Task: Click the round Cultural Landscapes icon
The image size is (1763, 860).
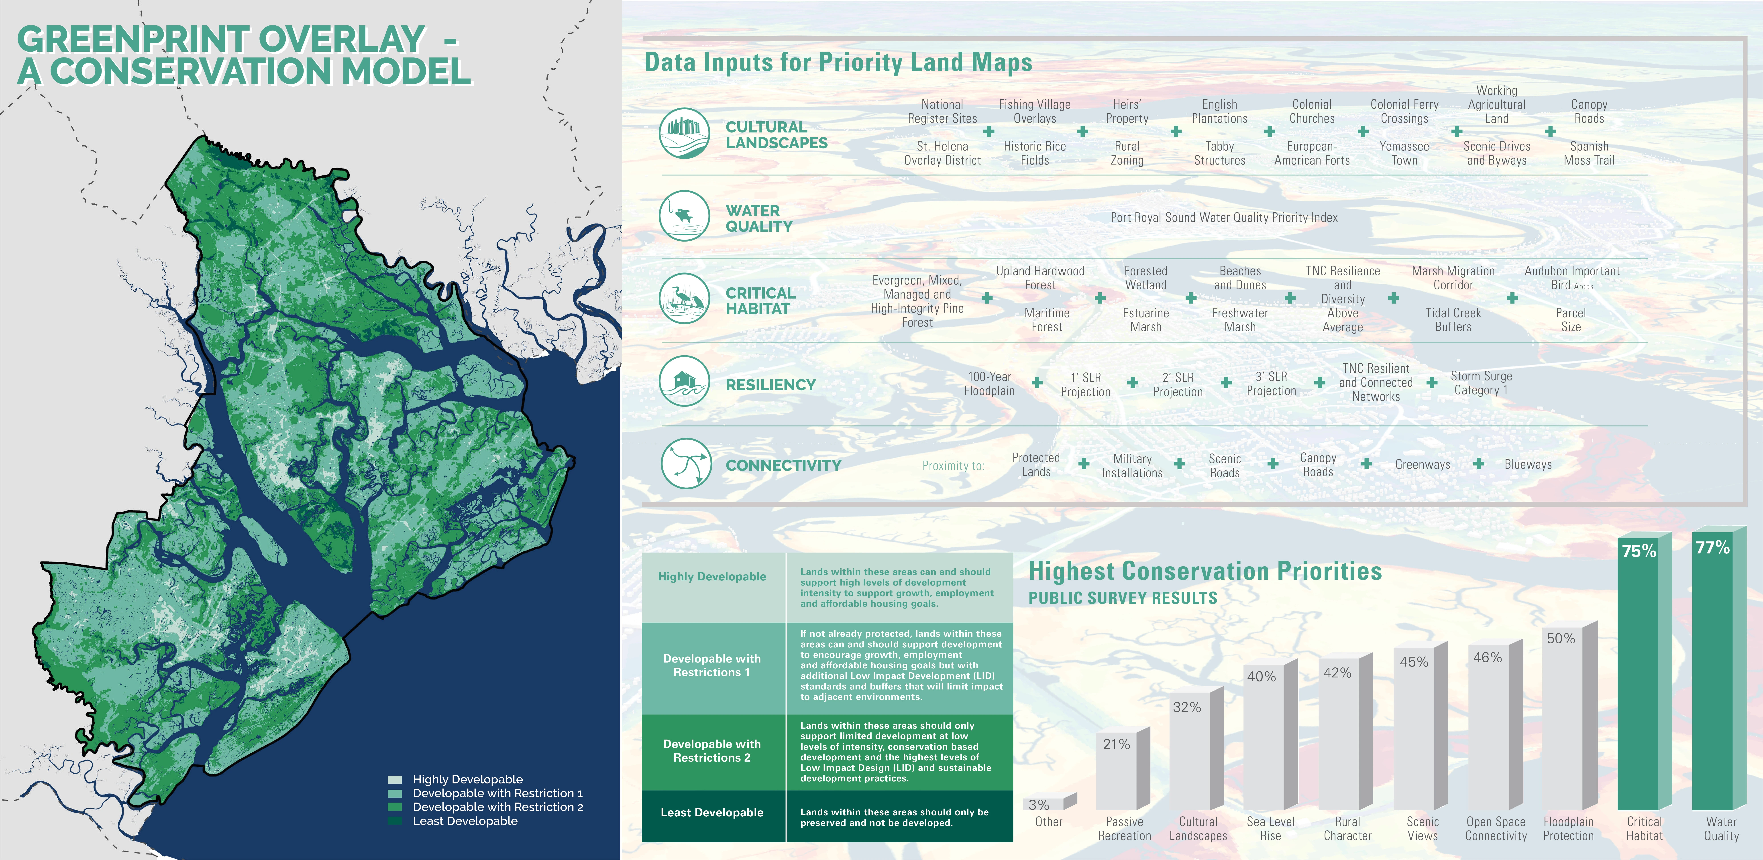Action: [684, 133]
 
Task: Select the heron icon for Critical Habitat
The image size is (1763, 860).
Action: [684, 299]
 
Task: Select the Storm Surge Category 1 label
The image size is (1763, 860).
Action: [1481, 383]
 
